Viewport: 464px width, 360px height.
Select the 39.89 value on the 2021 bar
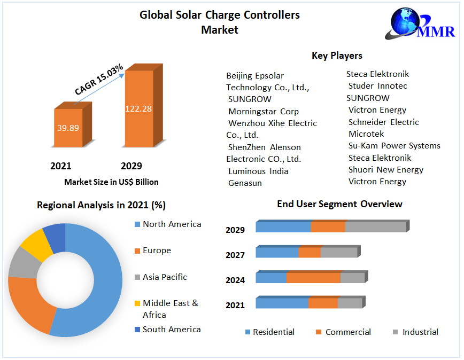click(x=68, y=128)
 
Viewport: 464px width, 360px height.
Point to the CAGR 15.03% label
click(x=99, y=80)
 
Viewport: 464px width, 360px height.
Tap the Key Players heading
click(x=337, y=56)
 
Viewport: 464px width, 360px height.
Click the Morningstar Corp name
click(x=264, y=111)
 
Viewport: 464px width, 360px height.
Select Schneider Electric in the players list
click(x=383, y=122)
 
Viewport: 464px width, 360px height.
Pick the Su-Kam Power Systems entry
click(x=394, y=145)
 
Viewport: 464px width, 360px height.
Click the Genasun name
click(x=245, y=183)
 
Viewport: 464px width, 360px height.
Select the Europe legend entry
click(x=157, y=251)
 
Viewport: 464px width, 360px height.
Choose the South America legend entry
click(x=171, y=330)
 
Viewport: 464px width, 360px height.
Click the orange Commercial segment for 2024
click(x=313, y=278)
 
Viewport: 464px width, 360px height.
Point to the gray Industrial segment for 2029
click(x=375, y=227)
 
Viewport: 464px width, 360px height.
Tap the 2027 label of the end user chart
click(x=235, y=255)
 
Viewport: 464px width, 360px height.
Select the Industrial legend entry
click(x=420, y=332)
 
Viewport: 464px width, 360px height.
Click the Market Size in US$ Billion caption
click(x=111, y=182)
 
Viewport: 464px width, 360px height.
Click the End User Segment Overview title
click(x=339, y=204)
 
